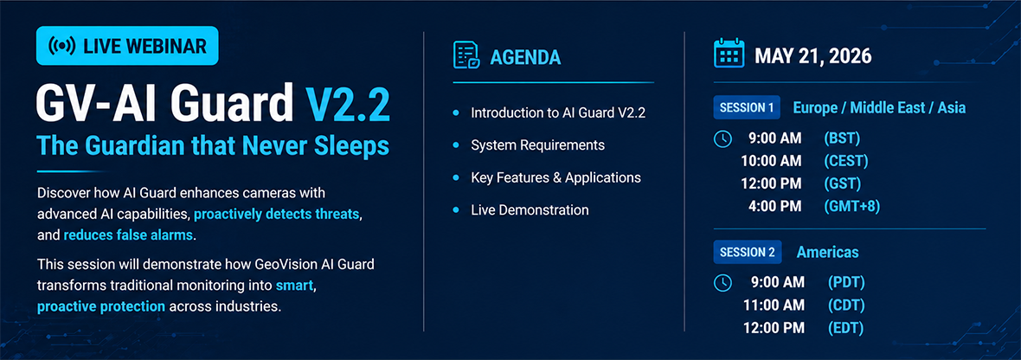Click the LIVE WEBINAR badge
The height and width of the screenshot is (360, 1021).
point(127,46)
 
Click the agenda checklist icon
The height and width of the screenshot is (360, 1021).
point(466,56)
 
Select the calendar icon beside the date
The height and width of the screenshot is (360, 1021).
point(729,54)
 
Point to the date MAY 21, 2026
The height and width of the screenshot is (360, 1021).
point(812,56)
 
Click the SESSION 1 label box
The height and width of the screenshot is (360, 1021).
point(746,108)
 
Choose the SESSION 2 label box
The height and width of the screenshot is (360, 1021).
point(746,252)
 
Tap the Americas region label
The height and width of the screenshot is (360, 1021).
point(827,252)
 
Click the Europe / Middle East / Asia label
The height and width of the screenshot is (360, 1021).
point(879,108)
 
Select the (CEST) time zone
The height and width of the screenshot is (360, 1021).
point(846,161)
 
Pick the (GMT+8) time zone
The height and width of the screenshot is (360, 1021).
point(851,206)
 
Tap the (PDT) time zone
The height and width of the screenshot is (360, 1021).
point(844,282)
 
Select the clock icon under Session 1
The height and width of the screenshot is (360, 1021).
point(722,138)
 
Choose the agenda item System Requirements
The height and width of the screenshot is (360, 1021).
point(538,145)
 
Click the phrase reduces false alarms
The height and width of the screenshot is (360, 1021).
point(128,235)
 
